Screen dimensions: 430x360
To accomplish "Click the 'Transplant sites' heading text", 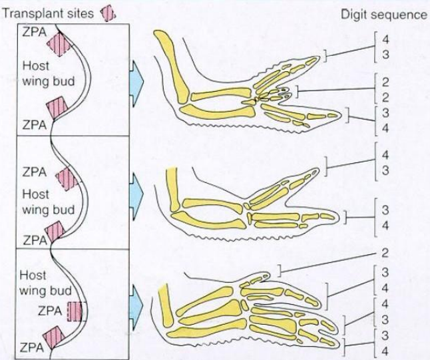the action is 48,13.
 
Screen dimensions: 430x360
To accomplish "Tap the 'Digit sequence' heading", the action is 384,14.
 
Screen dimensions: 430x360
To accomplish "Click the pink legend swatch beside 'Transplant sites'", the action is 108,14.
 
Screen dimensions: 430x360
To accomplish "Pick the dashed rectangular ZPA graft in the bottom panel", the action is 76,311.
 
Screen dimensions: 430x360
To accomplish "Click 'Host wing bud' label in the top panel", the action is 49,74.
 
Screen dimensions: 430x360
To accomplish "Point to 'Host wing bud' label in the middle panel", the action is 49,202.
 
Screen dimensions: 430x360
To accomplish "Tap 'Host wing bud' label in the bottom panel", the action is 45,283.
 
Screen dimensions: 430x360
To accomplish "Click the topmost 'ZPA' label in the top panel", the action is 34,32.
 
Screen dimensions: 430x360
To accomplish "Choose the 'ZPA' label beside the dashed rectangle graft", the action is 50,311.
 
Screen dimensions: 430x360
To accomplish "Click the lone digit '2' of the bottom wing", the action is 385,254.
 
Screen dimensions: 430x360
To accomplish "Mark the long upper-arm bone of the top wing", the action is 171,66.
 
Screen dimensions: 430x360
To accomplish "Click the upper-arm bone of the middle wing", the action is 174,189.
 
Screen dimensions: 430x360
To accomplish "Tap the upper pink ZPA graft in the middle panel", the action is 67,179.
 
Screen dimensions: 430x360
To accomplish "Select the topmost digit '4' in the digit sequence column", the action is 385,40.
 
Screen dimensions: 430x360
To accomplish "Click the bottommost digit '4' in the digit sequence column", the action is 385,351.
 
